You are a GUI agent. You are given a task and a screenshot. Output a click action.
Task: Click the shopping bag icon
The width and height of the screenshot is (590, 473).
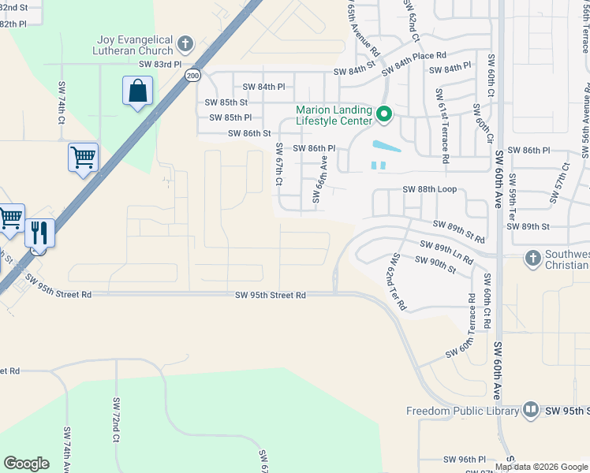coord(138,91)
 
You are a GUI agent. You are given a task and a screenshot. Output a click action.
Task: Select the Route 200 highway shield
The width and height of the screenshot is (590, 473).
coord(192,75)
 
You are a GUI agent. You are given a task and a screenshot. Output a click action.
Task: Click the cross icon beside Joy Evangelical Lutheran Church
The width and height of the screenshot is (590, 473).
coord(185,44)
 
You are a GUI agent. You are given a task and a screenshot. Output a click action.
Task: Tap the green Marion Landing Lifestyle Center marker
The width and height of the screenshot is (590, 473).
coord(384,115)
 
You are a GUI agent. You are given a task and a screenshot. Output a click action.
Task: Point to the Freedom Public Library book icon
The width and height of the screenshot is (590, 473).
coord(531,411)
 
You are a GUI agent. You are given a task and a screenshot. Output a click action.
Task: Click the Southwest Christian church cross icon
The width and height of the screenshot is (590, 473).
coord(532,258)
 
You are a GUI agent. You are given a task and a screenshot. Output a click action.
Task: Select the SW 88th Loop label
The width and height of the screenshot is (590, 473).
coord(429,189)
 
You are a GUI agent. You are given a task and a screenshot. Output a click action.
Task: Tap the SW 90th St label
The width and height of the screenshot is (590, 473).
coord(435,266)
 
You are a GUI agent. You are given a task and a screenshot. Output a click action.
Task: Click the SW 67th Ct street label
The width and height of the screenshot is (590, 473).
coord(278,165)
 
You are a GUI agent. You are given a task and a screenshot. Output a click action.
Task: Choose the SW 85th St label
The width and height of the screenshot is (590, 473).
coord(226,102)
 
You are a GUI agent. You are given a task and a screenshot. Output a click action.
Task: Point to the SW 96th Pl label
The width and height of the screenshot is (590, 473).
coord(465,459)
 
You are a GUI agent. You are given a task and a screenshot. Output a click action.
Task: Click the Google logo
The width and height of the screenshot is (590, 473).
coord(27,464)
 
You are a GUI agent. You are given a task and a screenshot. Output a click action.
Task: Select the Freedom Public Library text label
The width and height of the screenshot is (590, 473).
coord(462,411)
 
